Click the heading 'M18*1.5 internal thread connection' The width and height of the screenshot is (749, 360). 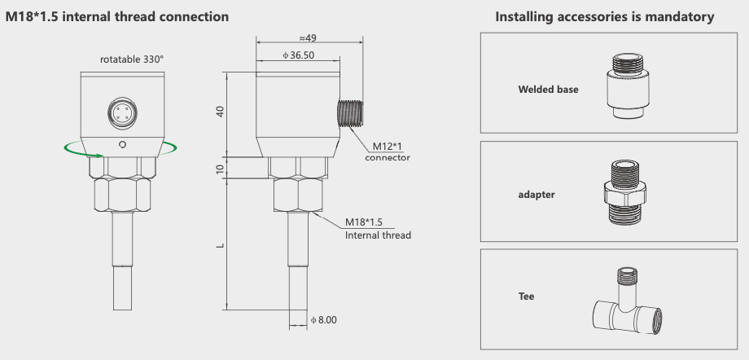117,16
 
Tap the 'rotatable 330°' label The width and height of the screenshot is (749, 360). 132,59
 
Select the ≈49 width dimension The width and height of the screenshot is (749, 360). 307,37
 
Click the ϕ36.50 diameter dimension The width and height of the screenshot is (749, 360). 298,55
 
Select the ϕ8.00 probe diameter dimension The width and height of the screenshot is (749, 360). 322,321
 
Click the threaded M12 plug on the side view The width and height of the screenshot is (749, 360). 348,114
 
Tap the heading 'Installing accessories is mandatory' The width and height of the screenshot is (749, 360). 605,16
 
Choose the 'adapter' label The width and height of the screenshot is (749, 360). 537,195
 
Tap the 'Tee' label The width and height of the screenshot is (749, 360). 526,296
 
